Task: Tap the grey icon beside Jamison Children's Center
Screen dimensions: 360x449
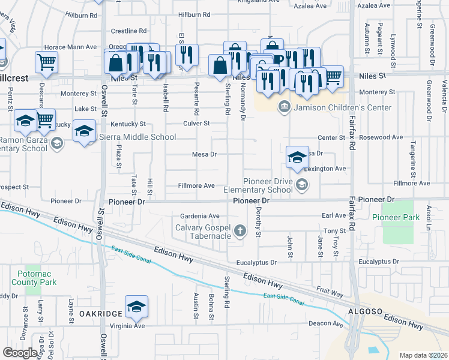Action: [285, 107]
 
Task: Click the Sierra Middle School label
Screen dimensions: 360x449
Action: [137, 137]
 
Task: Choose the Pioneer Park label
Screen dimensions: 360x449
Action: [396, 217]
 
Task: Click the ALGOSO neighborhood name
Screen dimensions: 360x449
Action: [363, 310]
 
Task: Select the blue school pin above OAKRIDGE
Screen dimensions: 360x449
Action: [136, 307]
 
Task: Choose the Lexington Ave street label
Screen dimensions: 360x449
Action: [324, 169]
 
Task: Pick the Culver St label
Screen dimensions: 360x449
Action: [196, 124]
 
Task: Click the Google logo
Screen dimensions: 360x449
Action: [20, 352]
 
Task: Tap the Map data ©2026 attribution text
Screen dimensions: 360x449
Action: [423, 355]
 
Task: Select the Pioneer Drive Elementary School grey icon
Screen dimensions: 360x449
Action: [301, 185]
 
